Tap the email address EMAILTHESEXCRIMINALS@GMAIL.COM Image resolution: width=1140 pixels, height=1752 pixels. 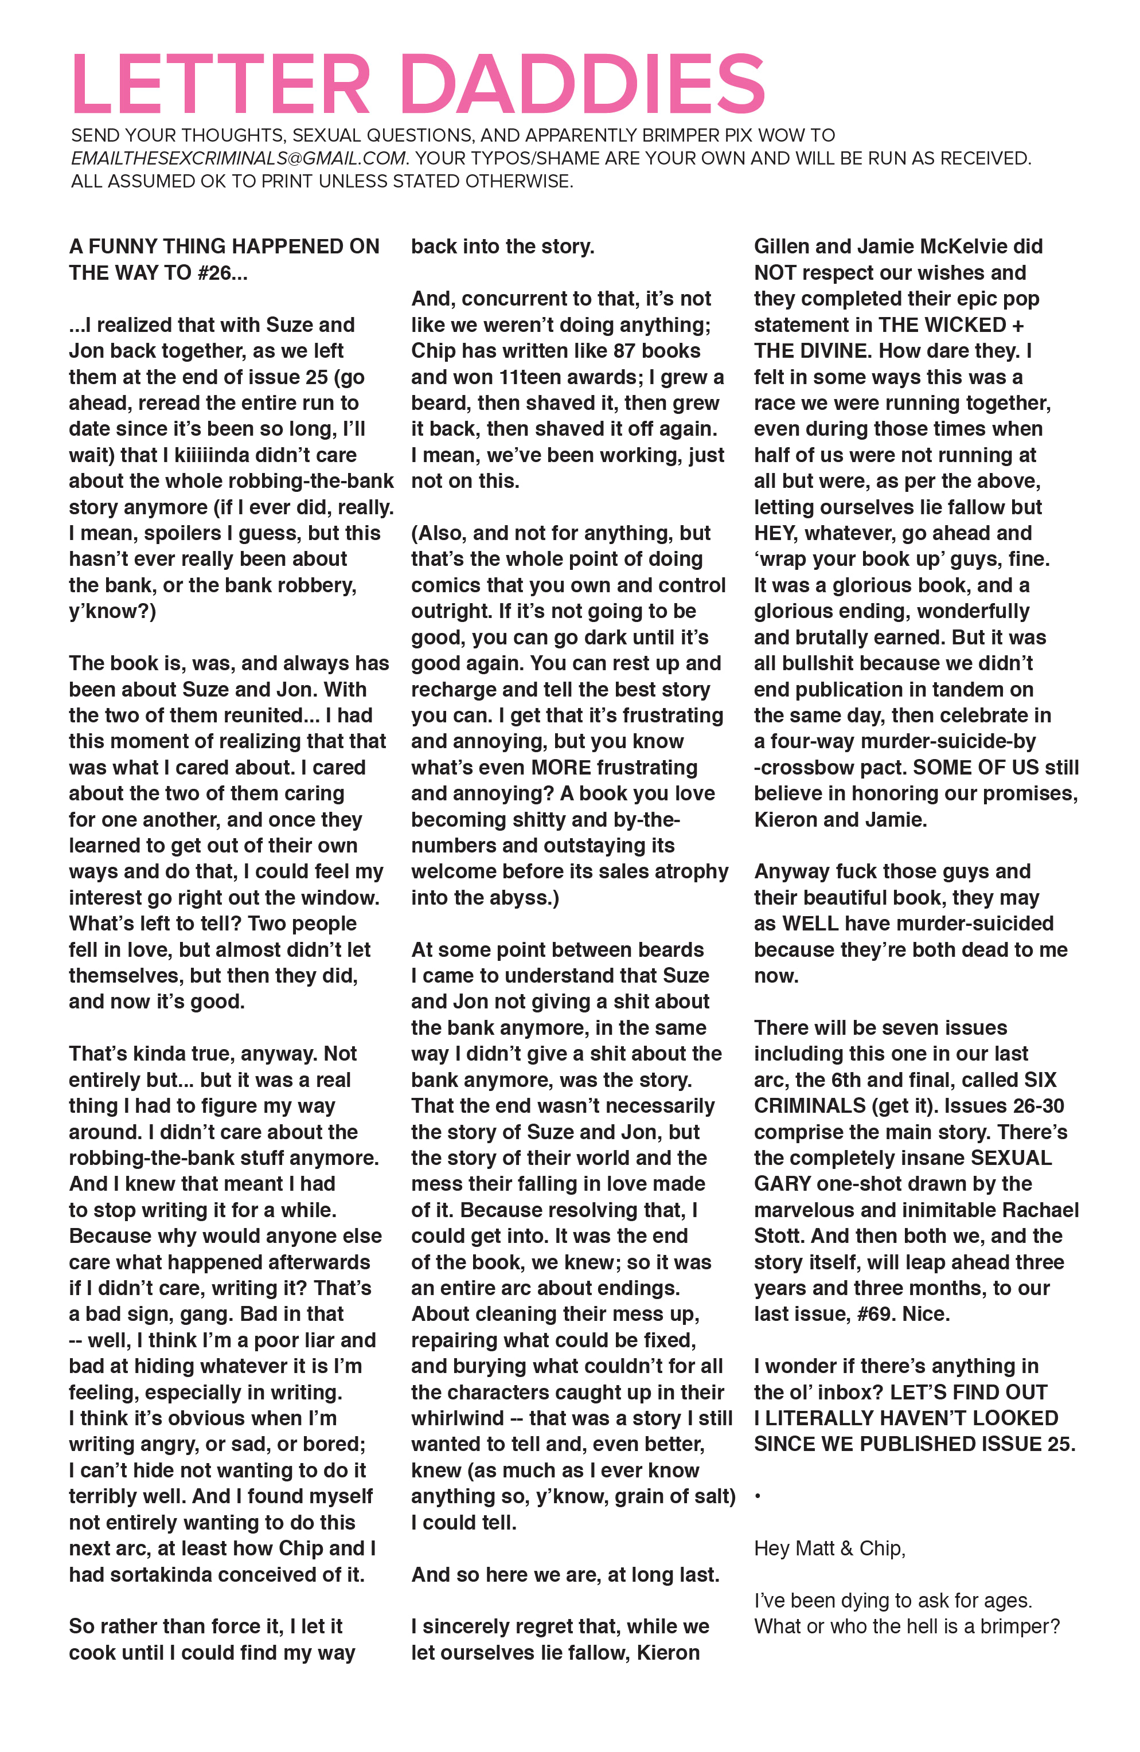[x=239, y=158]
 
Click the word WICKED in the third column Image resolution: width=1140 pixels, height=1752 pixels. [x=965, y=324]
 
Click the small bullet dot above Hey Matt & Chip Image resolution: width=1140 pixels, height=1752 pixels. [x=758, y=1496]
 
